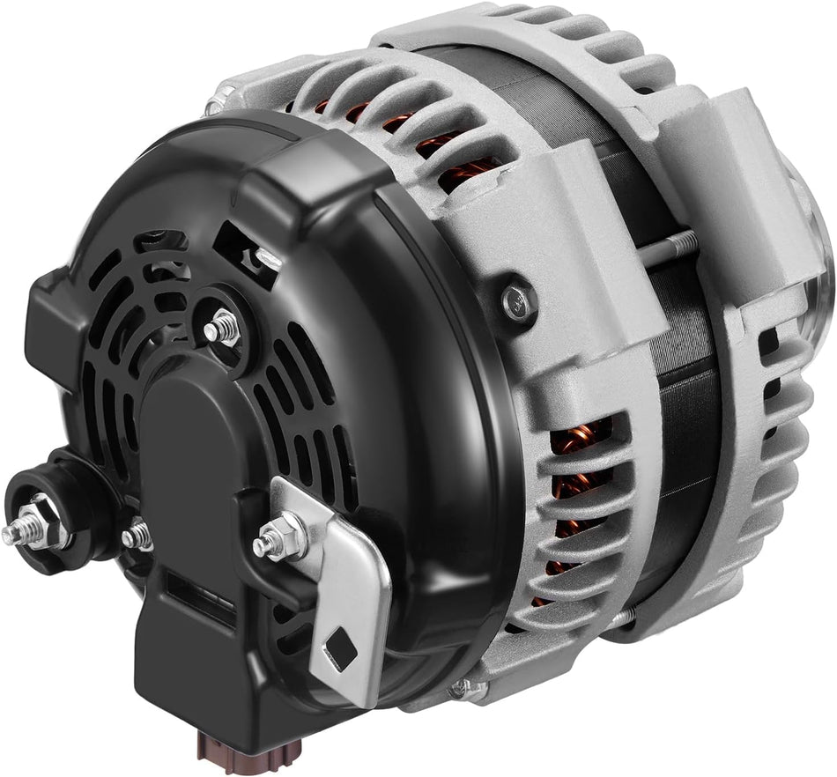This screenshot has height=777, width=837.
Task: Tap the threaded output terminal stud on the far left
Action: click(15, 533)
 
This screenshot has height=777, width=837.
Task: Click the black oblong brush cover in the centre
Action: click(189, 440)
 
